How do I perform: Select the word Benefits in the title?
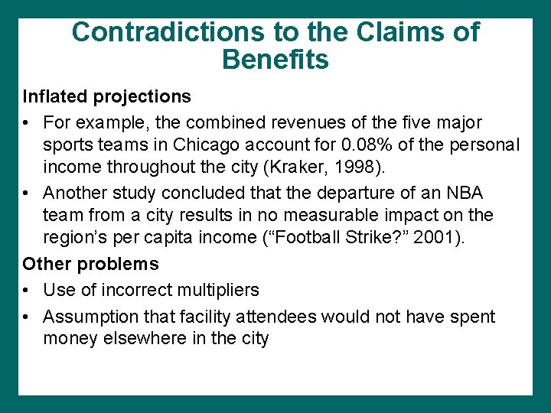coord(275,59)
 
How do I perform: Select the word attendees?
coord(278,317)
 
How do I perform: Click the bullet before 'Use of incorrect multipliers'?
coord(27,291)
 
